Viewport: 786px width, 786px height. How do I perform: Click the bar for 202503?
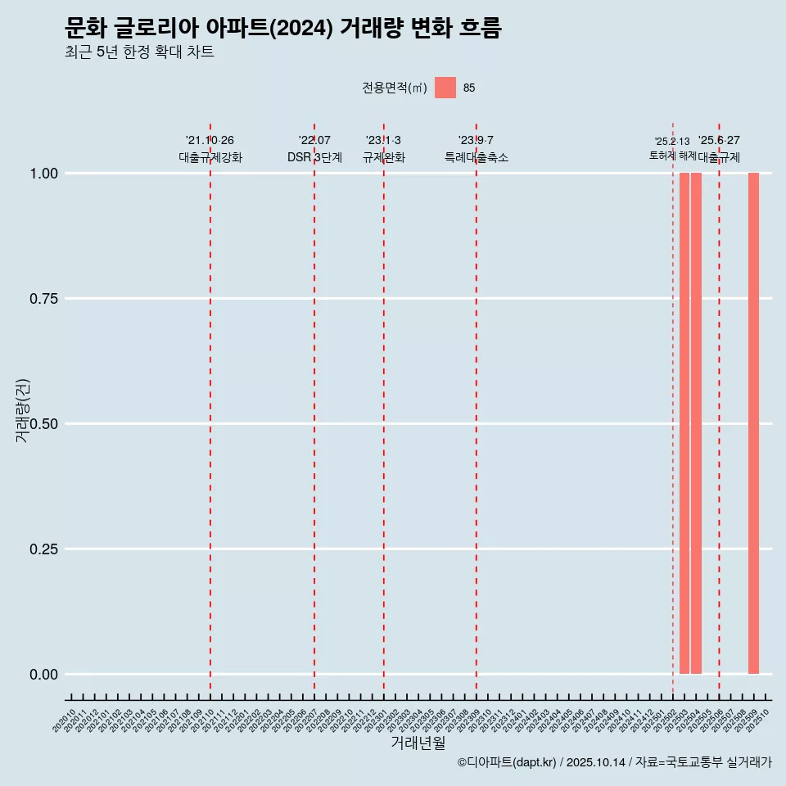pyautogui.click(x=684, y=423)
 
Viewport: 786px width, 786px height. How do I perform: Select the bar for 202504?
pyautogui.click(x=696, y=423)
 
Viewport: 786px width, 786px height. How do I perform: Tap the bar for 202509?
pyautogui.click(x=753, y=423)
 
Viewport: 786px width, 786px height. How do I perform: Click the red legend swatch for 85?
pyautogui.click(x=445, y=88)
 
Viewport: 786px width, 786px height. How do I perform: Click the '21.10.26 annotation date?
pyautogui.click(x=210, y=141)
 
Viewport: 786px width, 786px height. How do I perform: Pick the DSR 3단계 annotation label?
pyautogui.click(x=314, y=157)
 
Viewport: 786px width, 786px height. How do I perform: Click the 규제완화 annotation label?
pyautogui.click(x=383, y=157)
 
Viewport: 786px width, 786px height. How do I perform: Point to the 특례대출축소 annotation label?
pyautogui.click(x=476, y=157)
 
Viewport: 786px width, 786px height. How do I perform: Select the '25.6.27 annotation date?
pyautogui.click(x=719, y=141)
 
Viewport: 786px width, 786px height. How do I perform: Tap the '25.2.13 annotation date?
pyautogui.click(x=672, y=142)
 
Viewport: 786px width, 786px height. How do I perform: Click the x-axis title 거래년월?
pyautogui.click(x=418, y=743)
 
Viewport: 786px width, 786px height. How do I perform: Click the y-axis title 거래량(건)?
pyautogui.click(x=22, y=410)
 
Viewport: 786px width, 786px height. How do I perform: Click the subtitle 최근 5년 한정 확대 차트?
pyautogui.click(x=139, y=52)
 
